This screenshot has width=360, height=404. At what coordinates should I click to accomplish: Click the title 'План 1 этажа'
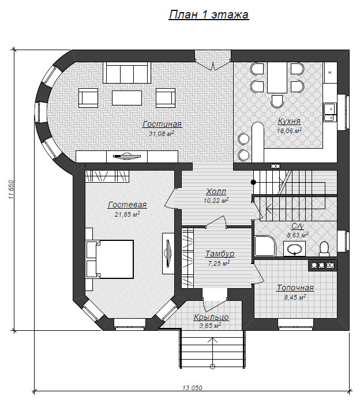(x=209, y=14)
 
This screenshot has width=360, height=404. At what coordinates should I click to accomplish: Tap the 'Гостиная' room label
(x=162, y=124)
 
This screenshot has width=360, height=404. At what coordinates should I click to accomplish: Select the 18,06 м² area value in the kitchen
(x=290, y=131)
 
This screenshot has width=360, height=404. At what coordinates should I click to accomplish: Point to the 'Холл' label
(x=216, y=192)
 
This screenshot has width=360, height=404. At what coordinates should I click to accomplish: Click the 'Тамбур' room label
(x=220, y=254)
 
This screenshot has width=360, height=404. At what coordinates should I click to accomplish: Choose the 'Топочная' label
(x=295, y=288)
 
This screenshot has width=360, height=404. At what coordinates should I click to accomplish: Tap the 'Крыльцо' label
(x=211, y=317)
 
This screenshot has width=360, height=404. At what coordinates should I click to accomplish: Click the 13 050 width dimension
(x=192, y=387)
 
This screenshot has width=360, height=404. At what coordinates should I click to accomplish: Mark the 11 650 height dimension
(x=11, y=190)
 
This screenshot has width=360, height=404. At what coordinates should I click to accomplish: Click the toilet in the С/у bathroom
(x=324, y=249)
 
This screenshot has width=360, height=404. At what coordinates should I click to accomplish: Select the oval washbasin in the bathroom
(x=294, y=248)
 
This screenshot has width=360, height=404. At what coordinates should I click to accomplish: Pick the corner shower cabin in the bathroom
(x=265, y=246)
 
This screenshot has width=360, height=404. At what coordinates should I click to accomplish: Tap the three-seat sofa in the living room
(x=127, y=73)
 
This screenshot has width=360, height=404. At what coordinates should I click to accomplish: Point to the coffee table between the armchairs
(x=127, y=97)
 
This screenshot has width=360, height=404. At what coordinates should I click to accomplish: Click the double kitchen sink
(x=330, y=112)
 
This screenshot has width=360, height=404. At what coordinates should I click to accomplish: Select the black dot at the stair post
(x=253, y=182)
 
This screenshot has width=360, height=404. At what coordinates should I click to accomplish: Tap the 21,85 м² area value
(x=127, y=214)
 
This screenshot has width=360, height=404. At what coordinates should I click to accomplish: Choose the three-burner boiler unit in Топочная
(x=322, y=265)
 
